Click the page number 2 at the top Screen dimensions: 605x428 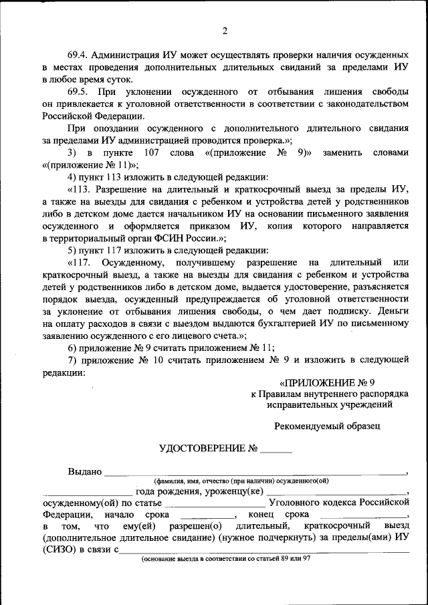pyautogui.click(x=225, y=31)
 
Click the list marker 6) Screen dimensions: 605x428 pyautogui.click(x=72, y=348)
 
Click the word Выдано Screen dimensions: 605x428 pyautogui.click(x=84, y=472)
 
